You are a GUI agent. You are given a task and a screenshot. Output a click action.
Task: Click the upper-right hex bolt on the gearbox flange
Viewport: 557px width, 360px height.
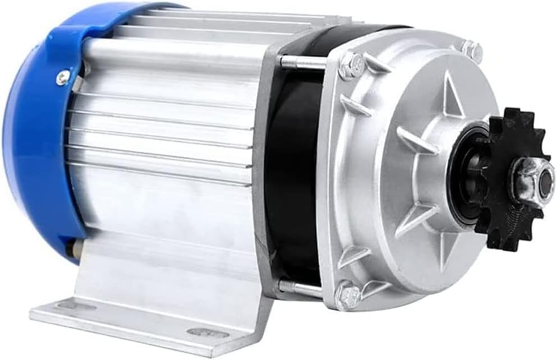473,51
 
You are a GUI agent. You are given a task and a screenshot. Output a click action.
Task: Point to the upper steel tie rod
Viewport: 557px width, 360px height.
303,62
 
